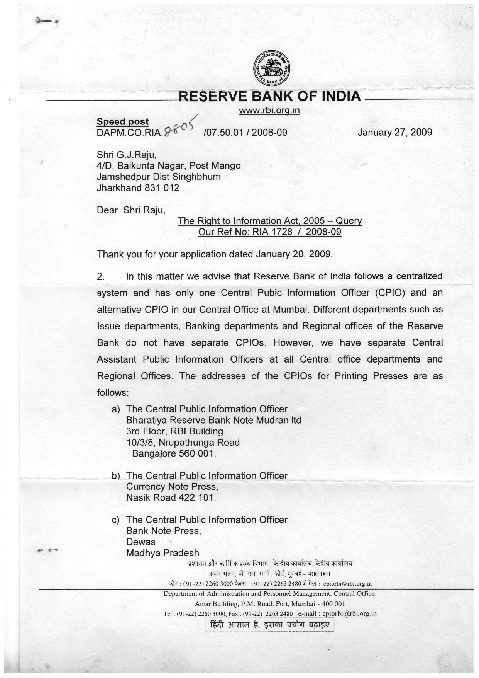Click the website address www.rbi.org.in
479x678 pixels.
pyautogui.click(x=269, y=111)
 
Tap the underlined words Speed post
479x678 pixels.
pyautogui.click(x=122, y=121)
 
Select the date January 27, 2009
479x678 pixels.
pyautogui.click(x=394, y=132)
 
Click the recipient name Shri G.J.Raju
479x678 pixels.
pyautogui.click(x=126, y=155)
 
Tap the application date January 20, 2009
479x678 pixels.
pyautogui.click(x=293, y=254)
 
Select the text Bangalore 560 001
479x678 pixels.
pyautogui.click(x=174, y=453)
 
